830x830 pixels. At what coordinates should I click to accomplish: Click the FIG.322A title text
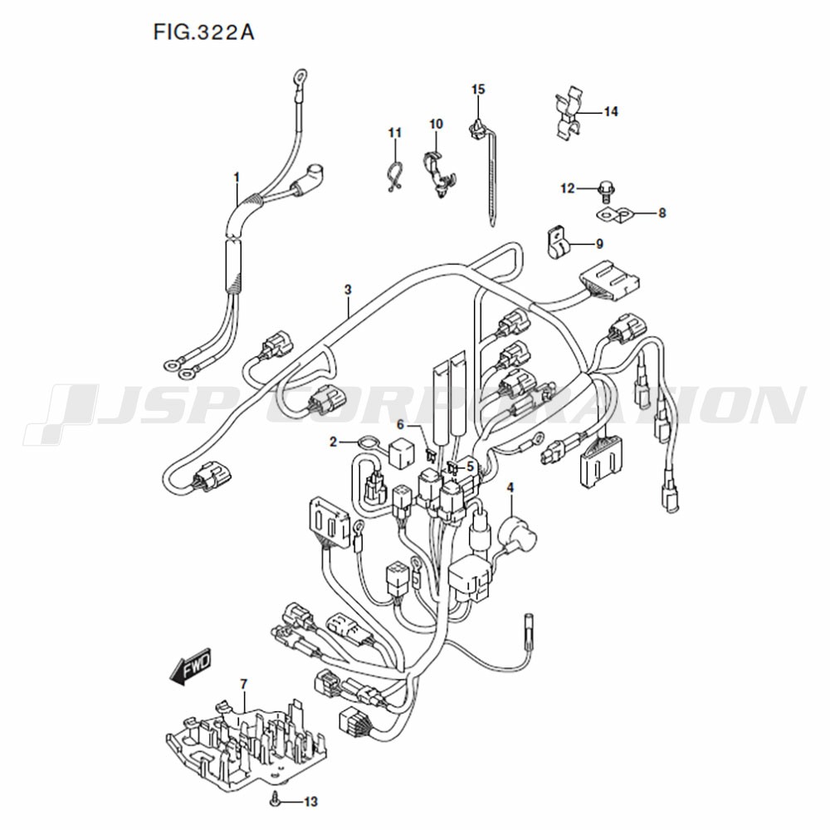pyautogui.click(x=204, y=32)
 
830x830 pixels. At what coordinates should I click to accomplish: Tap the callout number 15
pyautogui.click(x=478, y=89)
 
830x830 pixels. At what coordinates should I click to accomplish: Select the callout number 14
pyautogui.click(x=611, y=112)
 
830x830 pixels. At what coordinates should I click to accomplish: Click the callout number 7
pyautogui.click(x=243, y=685)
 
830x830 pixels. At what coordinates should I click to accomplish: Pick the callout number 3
pyautogui.click(x=348, y=290)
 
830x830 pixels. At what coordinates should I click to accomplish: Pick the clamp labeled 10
pyautogui.click(x=439, y=174)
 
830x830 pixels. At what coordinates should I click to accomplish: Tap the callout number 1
pyautogui.click(x=237, y=177)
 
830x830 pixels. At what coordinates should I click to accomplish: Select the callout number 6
pyautogui.click(x=400, y=424)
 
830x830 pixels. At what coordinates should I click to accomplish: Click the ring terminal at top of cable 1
pyautogui.click(x=300, y=78)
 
